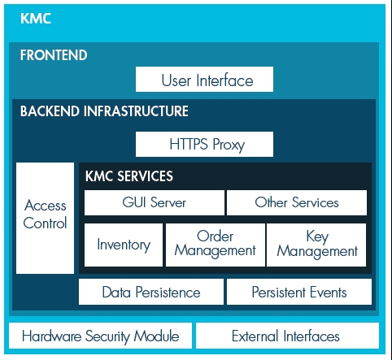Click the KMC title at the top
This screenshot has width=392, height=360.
tap(36, 19)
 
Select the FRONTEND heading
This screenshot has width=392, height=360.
tap(54, 55)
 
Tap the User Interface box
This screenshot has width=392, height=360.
tap(204, 79)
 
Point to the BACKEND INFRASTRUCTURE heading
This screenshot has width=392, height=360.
tap(104, 111)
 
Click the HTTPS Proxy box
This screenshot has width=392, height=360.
tap(204, 144)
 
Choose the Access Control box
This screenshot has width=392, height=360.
tap(45, 218)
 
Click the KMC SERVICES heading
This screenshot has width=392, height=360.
tap(129, 176)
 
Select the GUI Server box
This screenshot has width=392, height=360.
tap(155, 202)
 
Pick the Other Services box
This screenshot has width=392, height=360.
tap(297, 202)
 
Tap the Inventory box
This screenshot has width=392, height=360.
tap(124, 245)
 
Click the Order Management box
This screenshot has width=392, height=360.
tap(216, 245)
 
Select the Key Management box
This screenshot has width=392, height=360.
tap(316, 245)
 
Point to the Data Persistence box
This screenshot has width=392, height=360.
tap(151, 292)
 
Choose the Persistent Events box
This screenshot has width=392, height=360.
tap(299, 292)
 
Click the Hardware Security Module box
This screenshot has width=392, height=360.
tap(100, 336)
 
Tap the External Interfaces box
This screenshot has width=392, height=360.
tap(287, 336)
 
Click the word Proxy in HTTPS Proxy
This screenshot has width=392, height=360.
tap(229, 145)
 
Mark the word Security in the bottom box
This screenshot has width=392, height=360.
tap(107, 336)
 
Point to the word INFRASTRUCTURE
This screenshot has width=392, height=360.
tap(136, 111)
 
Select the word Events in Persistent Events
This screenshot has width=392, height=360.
tap(329, 293)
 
